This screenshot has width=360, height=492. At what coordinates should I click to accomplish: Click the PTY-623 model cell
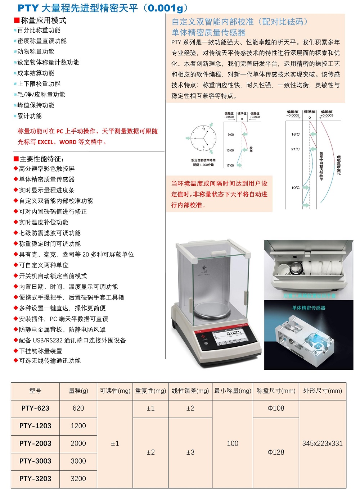(x=35, y=408)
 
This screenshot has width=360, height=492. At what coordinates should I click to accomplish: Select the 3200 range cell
(x=78, y=479)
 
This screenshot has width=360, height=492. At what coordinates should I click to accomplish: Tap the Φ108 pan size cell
(x=276, y=408)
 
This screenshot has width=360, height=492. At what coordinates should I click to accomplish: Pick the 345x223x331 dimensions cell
(x=322, y=443)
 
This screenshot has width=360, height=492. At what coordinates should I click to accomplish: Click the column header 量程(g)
(x=78, y=391)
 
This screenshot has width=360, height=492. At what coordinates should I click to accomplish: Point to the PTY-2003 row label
(x=35, y=443)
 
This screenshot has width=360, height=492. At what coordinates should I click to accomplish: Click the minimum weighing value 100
(x=233, y=443)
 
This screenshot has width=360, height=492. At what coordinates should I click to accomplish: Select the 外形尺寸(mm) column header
(x=322, y=391)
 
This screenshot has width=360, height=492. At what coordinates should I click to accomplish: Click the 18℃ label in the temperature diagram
(x=295, y=134)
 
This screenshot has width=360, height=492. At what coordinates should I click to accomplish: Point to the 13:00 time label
(x=230, y=150)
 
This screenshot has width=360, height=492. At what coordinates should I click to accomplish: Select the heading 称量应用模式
(x=43, y=20)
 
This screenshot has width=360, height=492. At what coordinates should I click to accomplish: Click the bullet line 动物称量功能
(x=36, y=52)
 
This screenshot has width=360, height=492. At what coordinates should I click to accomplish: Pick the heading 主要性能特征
(x=42, y=159)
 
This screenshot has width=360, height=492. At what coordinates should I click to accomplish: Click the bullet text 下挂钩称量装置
(x=40, y=351)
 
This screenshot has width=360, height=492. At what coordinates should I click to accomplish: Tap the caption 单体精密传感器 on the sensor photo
(x=309, y=308)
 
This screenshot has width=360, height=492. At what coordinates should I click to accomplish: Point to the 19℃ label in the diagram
(x=295, y=187)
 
